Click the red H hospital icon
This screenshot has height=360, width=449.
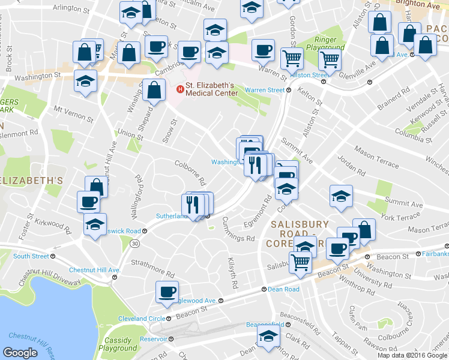[x=179, y=89]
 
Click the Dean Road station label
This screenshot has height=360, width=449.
[x=284, y=289]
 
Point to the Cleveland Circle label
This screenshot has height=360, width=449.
[x=141, y=319]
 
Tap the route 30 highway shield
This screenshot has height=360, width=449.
[x=136, y=243]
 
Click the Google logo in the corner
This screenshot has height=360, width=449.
[x=20, y=352]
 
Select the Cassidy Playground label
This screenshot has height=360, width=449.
[x=118, y=344]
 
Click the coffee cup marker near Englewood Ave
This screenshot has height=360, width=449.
[x=166, y=292]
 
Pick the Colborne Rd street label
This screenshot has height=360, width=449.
[x=191, y=173]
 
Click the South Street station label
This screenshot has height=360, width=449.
[x=31, y=256]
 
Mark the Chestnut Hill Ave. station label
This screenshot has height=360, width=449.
[x=95, y=270]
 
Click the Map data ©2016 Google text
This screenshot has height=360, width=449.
[x=412, y=355]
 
